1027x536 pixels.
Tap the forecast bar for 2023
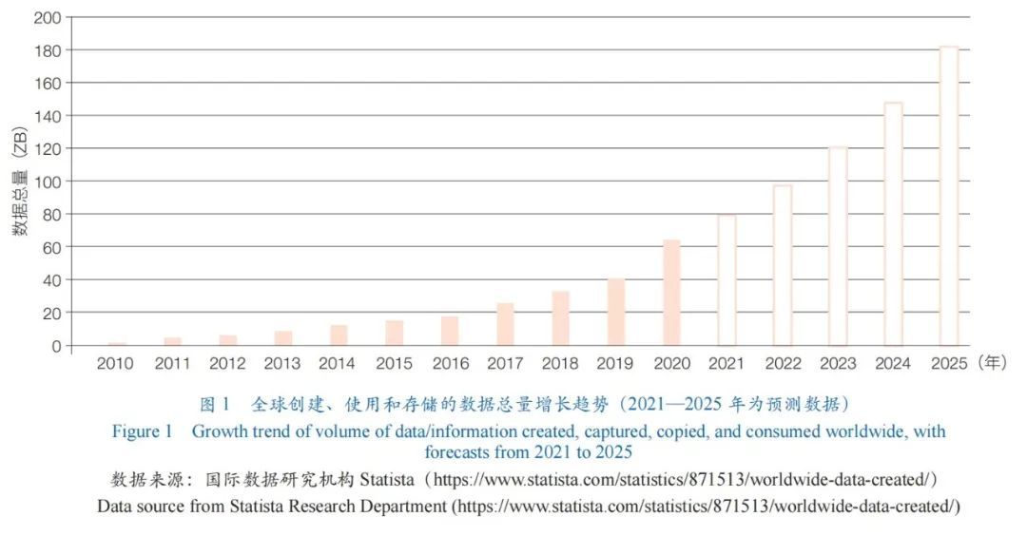(x=838, y=246)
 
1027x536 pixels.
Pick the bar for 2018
(x=561, y=318)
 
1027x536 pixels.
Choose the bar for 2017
(x=505, y=324)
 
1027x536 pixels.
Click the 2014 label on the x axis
(x=337, y=364)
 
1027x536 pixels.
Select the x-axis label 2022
(x=782, y=364)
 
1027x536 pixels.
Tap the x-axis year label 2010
(x=115, y=364)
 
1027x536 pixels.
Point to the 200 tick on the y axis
(x=48, y=18)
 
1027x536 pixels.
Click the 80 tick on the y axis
(x=51, y=215)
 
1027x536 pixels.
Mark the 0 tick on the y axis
(x=56, y=346)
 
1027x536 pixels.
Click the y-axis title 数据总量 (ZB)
(x=20, y=181)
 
